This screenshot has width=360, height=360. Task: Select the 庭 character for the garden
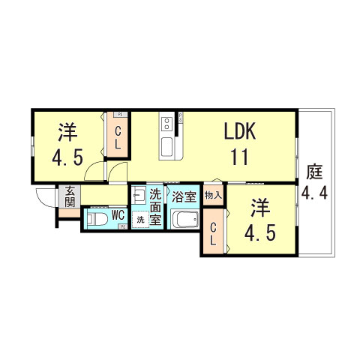tap(313, 172)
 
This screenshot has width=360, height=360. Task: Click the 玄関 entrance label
tap(69, 196)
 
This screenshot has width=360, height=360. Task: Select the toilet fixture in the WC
tap(96, 218)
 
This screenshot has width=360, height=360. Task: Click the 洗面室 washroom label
tap(155, 207)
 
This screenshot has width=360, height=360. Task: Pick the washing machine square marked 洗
tap(140, 220)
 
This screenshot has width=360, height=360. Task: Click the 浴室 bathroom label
tap(184, 198)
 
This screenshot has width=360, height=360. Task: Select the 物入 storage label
tap(212, 195)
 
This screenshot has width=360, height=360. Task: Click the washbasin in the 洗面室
tap(139, 197)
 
